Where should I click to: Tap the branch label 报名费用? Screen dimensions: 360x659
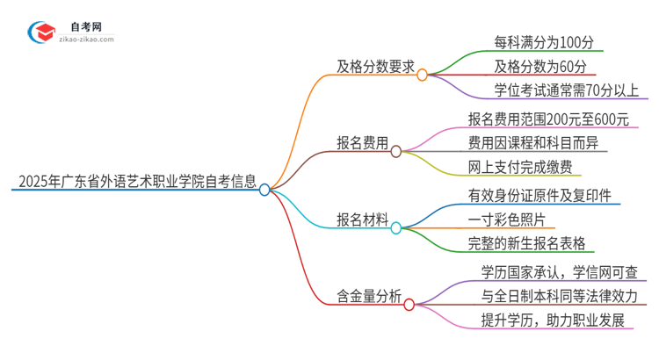pos(363,143)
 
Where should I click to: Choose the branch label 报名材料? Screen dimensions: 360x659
pos(363,220)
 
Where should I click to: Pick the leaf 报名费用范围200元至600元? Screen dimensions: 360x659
pos(548,119)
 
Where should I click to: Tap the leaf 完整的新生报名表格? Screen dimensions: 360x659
pos(527,244)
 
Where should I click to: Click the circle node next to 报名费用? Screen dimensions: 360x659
pos(396,151)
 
